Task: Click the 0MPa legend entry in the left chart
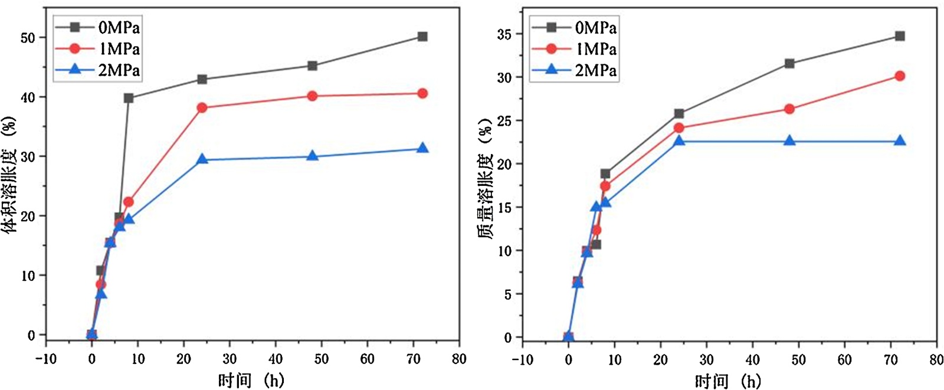(98, 28)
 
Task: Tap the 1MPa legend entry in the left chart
(98, 49)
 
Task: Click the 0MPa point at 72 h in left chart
(422, 37)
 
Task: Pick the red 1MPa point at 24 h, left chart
(202, 107)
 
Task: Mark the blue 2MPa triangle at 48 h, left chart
(313, 156)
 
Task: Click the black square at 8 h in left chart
(129, 98)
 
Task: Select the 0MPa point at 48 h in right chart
(789, 63)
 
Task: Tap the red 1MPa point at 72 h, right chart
(900, 76)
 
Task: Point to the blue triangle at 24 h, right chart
(679, 140)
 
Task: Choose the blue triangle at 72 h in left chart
(422, 148)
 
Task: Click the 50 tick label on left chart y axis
(28, 38)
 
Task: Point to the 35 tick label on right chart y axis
(504, 34)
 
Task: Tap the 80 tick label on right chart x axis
(936, 359)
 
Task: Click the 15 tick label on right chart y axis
(504, 208)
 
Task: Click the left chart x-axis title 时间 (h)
(251, 380)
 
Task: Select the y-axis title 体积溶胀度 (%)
(10, 175)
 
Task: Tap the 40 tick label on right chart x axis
(752, 359)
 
